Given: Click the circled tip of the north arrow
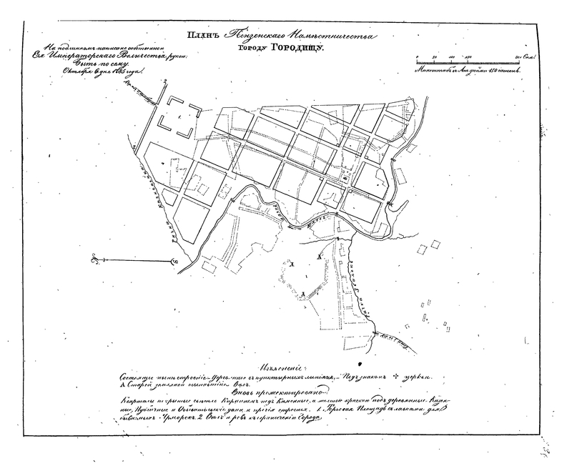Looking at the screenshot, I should [174, 262].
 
